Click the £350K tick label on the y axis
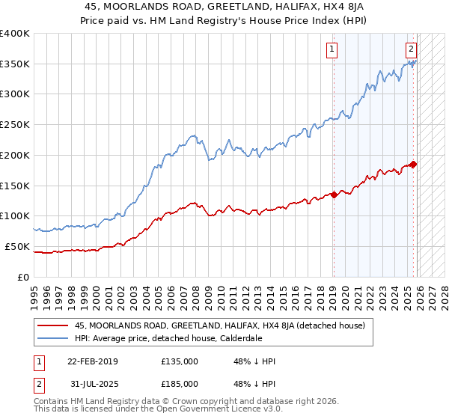[x=15, y=64]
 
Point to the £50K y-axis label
[x=17, y=246]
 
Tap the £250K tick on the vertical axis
[x=15, y=125]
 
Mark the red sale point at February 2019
[x=334, y=195]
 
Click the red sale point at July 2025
[x=414, y=165]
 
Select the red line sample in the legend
[x=53, y=325]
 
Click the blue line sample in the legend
[x=53, y=338]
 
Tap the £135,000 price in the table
[x=180, y=361]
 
